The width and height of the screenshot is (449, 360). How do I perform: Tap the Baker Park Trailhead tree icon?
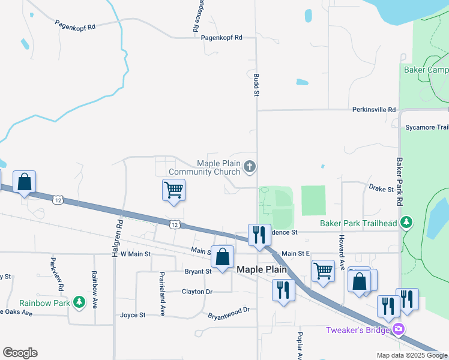[406, 223]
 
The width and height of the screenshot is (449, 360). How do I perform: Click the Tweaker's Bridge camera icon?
[399, 329]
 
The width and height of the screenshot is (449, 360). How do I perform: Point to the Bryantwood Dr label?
[228, 312]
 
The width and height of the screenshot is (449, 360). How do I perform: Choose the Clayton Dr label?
[197, 292]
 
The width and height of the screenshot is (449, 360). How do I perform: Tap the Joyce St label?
[133, 314]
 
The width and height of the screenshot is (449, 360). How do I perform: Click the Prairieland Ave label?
[162, 293]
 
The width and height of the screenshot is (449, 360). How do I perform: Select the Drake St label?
[381, 189]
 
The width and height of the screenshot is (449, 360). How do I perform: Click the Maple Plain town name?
[262, 269]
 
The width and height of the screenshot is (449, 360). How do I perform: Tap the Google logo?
[20, 353]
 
